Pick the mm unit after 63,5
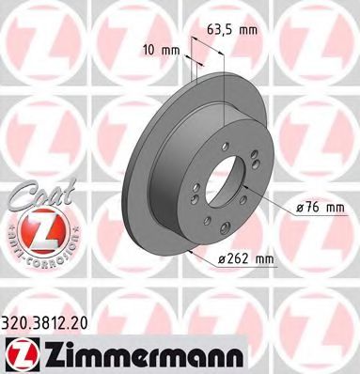point(248,29)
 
